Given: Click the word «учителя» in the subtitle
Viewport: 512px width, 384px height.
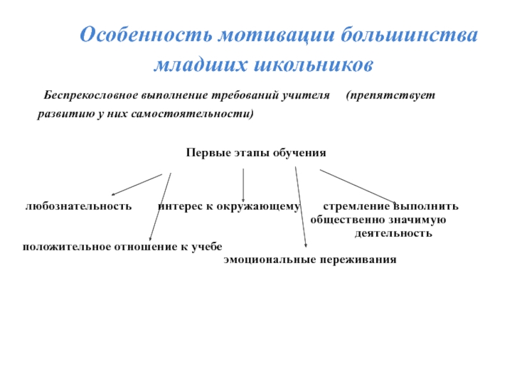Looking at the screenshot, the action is (x=310, y=95).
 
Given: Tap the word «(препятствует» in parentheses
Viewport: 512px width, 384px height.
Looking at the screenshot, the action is (x=390, y=95).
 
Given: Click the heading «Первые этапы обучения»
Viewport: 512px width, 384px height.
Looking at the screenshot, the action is (x=256, y=154).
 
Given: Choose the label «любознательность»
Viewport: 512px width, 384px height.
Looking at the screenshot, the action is (x=79, y=206).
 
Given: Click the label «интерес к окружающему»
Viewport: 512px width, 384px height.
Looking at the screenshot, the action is (x=229, y=206).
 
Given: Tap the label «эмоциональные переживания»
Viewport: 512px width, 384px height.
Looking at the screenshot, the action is (x=310, y=260).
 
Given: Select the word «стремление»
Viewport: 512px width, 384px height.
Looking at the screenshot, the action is (x=356, y=206).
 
